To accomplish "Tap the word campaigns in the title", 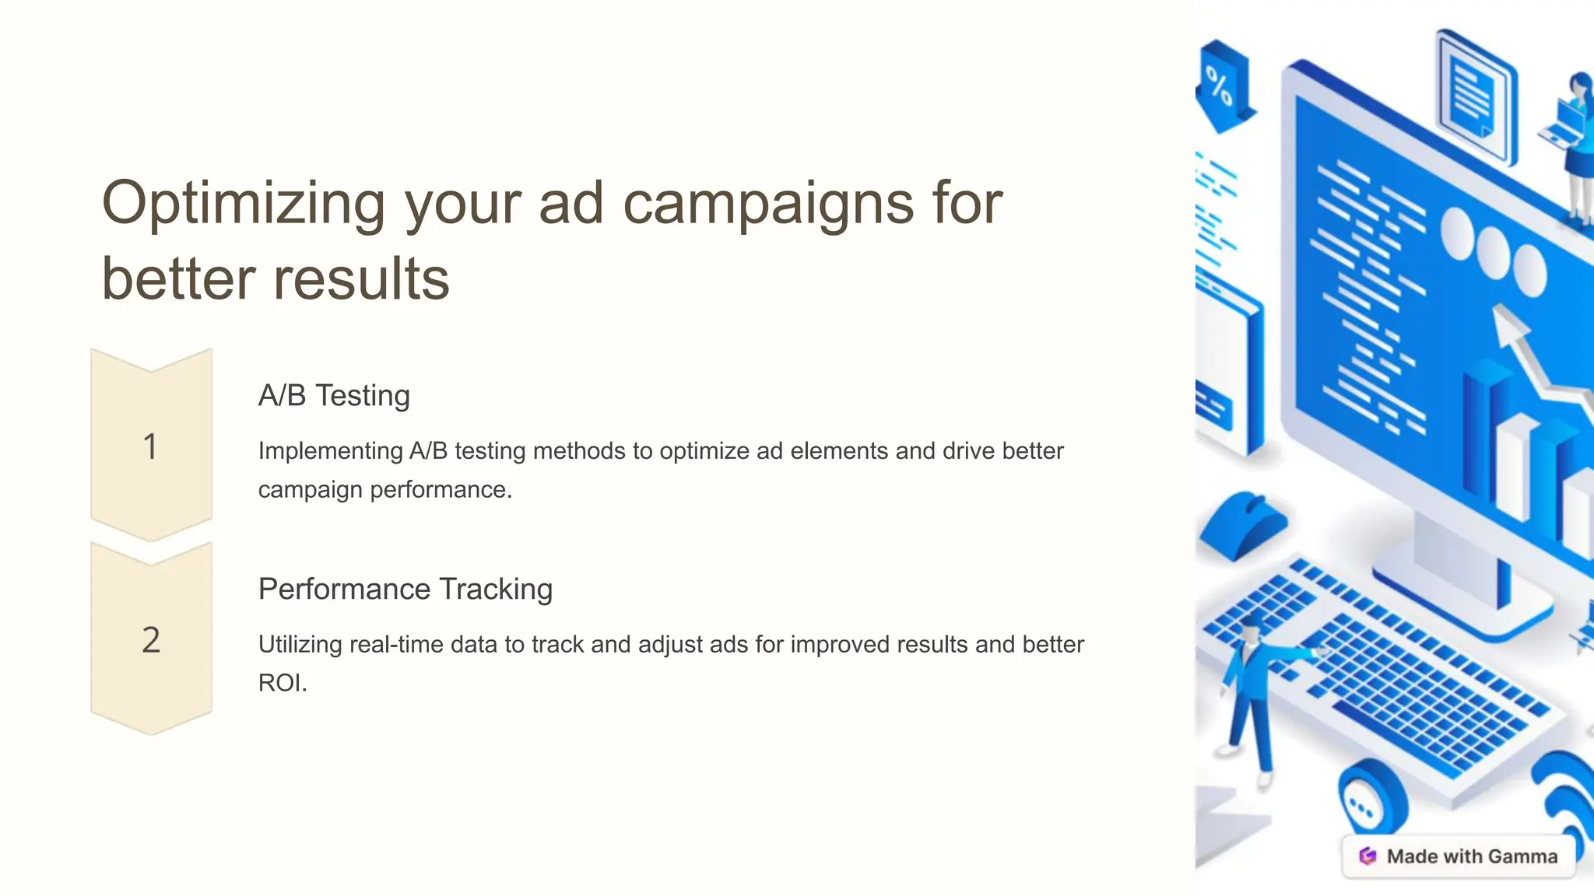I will point(768,204).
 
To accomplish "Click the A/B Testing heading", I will point(334,395).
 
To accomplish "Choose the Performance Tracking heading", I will point(405,589).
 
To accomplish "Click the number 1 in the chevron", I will point(151,446).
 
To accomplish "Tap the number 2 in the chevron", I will point(151,640).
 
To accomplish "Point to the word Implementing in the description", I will point(330,451).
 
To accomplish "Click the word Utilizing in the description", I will point(300,645).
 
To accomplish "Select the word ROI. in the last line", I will point(283,683).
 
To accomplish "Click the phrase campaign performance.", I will point(384,490).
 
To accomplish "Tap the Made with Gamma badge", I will point(1459,856).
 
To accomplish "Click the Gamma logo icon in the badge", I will point(1368,856).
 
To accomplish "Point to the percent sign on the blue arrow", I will point(1219,86).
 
